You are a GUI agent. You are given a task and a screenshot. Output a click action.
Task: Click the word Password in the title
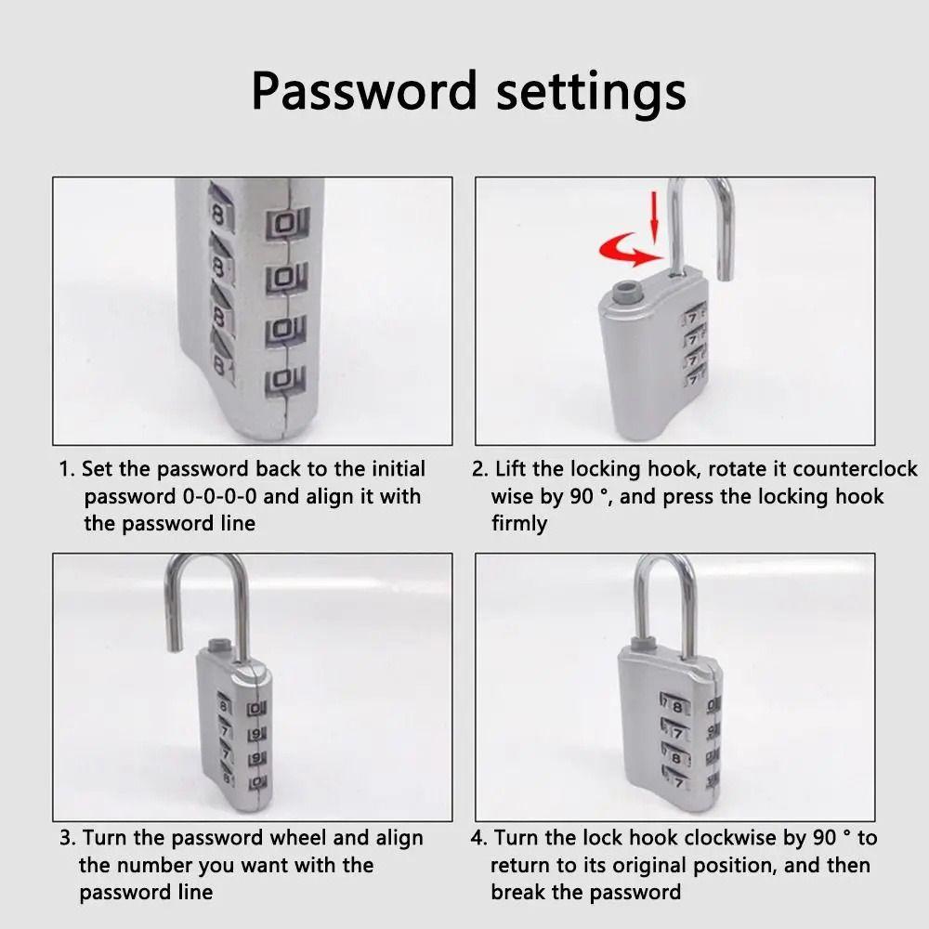(x=362, y=91)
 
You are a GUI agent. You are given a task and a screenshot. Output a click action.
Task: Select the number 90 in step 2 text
(x=582, y=497)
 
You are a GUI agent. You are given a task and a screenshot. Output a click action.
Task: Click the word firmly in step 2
(x=519, y=524)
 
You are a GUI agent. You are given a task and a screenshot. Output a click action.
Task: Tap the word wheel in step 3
(x=338, y=838)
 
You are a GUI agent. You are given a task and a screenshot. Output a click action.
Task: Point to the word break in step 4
(x=520, y=893)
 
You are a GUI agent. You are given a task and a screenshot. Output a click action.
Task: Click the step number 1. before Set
(x=67, y=469)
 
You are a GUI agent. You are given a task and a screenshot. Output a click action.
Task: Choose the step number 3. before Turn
(x=68, y=838)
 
